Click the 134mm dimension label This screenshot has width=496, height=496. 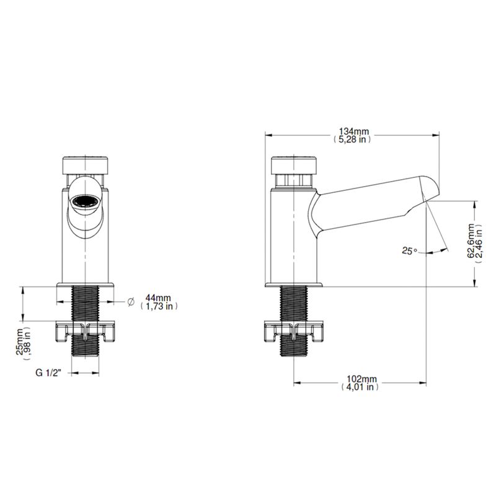[x=353, y=131]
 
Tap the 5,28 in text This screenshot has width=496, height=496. [x=352, y=139]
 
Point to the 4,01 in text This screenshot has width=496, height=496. [x=360, y=387]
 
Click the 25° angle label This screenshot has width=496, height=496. [x=410, y=251]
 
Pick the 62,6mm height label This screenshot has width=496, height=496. [x=471, y=241]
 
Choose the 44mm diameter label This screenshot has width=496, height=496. [x=158, y=298]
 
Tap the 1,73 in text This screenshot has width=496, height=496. [x=159, y=306]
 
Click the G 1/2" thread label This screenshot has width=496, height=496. [x=48, y=373]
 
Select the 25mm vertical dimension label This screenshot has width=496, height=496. [x=20, y=341]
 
